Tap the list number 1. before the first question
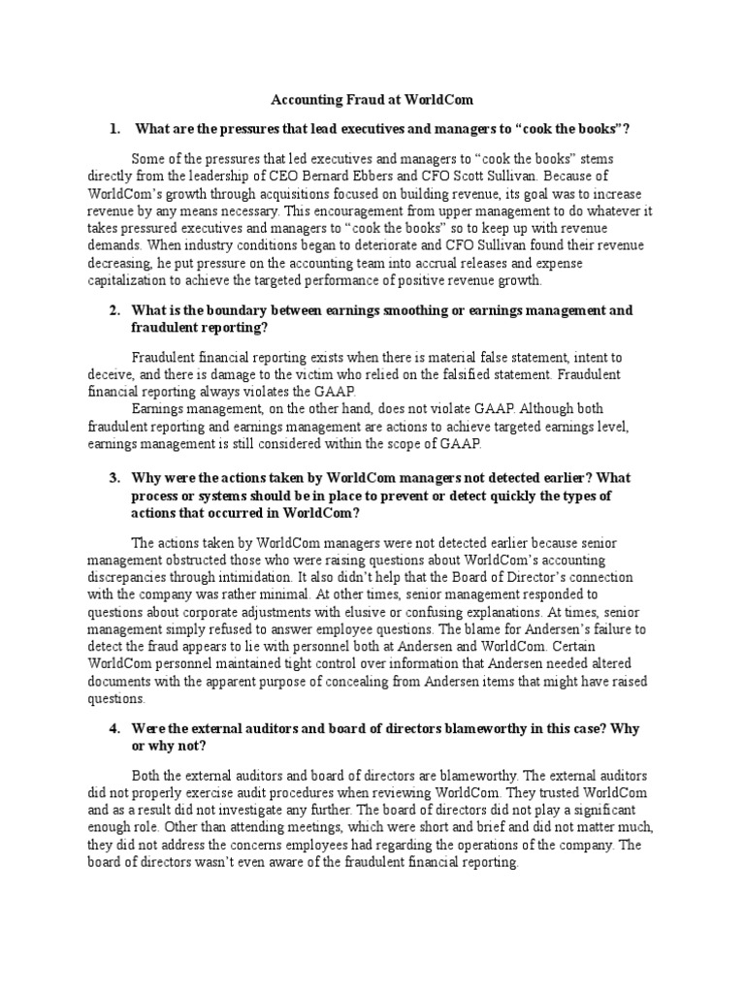[x=114, y=128]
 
